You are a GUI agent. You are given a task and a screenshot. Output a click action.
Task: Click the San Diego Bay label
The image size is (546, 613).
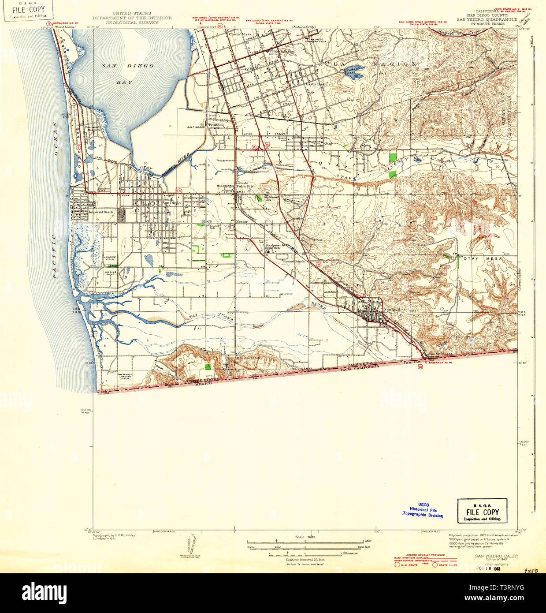127,73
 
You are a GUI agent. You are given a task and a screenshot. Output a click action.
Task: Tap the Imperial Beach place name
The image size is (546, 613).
101,212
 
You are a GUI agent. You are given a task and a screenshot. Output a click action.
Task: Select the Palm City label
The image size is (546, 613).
245,186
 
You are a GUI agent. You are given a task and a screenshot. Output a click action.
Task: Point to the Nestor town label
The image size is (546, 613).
241,222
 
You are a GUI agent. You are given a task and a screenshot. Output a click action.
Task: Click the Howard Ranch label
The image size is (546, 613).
293,262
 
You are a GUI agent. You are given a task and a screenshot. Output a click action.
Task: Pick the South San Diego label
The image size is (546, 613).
168,201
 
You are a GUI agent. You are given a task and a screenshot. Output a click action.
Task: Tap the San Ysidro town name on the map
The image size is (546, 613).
394,309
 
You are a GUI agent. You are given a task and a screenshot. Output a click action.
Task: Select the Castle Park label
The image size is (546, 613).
315,84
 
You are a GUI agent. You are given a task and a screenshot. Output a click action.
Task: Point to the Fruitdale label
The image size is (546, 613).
216,125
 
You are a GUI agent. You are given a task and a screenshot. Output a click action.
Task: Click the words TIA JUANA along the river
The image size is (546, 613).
211,316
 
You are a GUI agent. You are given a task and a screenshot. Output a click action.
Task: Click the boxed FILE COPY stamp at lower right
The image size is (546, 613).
482,512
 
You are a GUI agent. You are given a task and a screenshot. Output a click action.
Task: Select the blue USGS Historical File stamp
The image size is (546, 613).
423,509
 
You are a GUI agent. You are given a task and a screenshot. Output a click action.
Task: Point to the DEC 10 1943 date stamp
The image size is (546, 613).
488,568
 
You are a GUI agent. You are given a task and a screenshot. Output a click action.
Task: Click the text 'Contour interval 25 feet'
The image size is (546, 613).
305,560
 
